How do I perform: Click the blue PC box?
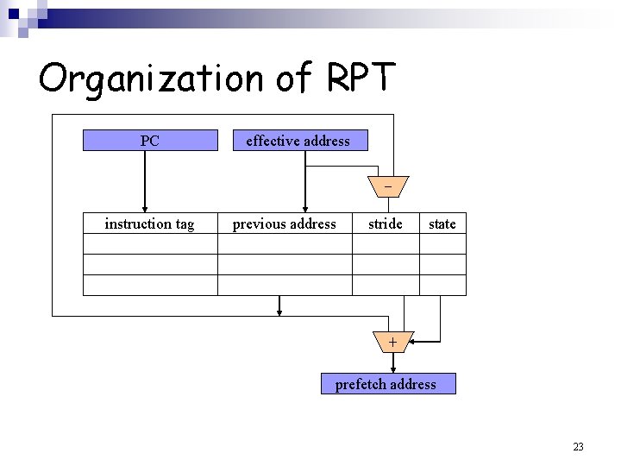pos(150,140)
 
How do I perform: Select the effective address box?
pos(301,140)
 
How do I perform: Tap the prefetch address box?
pos(388,384)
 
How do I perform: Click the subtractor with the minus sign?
pos(388,186)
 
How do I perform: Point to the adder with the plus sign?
pos(393,342)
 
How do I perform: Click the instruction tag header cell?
pos(150,224)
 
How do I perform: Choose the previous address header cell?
pos(285,224)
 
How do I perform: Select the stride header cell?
pos(386,224)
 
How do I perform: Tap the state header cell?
pos(442,224)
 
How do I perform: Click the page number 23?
pos(578,446)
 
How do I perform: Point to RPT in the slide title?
pos(361,78)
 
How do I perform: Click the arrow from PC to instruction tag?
pos(145,181)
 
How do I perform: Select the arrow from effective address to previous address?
pos(304,181)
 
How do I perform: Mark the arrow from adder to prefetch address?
pos(393,362)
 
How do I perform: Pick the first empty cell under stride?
pos(386,244)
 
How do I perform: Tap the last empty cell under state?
pos(442,286)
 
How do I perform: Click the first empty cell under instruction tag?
pos(150,244)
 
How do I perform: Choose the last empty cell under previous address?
pos(285,286)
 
